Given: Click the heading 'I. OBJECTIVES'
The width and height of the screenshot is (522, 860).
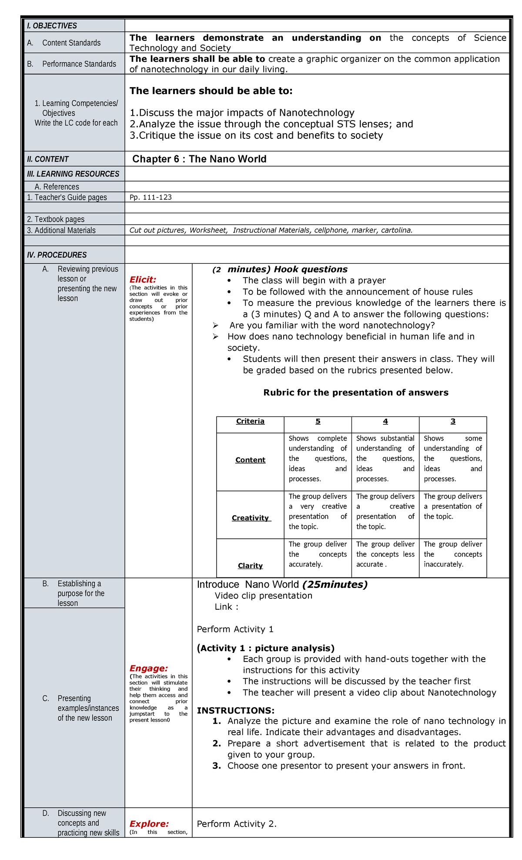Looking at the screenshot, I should tap(52, 26).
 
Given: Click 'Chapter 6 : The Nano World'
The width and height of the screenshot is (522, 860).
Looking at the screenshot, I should tap(199, 159).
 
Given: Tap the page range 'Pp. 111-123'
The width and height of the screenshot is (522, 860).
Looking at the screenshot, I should tap(151, 197).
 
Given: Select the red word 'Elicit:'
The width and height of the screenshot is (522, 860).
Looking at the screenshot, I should tap(143, 279).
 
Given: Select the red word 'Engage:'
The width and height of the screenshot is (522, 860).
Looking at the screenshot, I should tap(148, 668).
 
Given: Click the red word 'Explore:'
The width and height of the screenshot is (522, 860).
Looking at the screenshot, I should tap(149, 823).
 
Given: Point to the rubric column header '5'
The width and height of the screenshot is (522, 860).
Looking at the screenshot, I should tap(318, 421).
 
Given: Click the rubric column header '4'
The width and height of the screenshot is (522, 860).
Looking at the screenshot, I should tap(385, 421).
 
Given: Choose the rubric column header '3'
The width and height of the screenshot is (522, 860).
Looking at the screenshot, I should tap(453, 421).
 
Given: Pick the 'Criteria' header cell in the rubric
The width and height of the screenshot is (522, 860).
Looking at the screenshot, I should tap(250, 421).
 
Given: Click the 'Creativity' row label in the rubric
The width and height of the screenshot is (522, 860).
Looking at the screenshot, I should tap(251, 518).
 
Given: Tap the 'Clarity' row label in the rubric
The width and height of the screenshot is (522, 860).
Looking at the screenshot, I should tap(250, 566).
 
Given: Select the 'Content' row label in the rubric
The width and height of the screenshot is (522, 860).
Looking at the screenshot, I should tap(250, 460).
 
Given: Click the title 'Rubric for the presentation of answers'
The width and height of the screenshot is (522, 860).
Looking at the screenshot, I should tap(356, 393).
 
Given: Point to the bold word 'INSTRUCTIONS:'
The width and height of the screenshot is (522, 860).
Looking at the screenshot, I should tap(236, 711).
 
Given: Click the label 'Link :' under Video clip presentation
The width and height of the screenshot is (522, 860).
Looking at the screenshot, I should tap(226, 607).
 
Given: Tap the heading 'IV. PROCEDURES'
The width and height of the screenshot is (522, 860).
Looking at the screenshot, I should tap(57, 255).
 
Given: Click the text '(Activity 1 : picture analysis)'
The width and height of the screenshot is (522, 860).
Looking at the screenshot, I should tap(266, 648).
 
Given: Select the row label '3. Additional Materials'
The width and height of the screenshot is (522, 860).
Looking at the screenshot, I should tap(61, 230).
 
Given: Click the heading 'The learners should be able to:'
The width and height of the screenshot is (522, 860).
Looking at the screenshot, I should tap(211, 91).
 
